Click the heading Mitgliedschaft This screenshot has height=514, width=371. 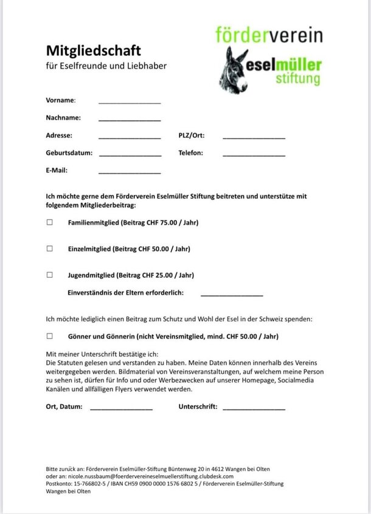click(x=93, y=49)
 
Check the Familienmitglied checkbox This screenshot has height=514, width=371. click(x=50, y=222)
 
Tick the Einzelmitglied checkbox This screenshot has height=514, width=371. click(x=50, y=248)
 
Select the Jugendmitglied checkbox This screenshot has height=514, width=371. click(x=50, y=275)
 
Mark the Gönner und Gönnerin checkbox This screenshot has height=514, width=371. click(x=50, y=335)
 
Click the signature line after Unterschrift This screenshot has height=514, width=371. click(x=254, y=409)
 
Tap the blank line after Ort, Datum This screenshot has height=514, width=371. click(x=121, y=409)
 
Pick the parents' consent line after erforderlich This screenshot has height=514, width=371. click(x=232, y=295)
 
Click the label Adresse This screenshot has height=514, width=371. click(x=59, y=135)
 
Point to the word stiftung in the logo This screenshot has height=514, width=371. click(x=297, y=78)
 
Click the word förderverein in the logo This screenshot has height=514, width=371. click(x=269, y=35)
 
